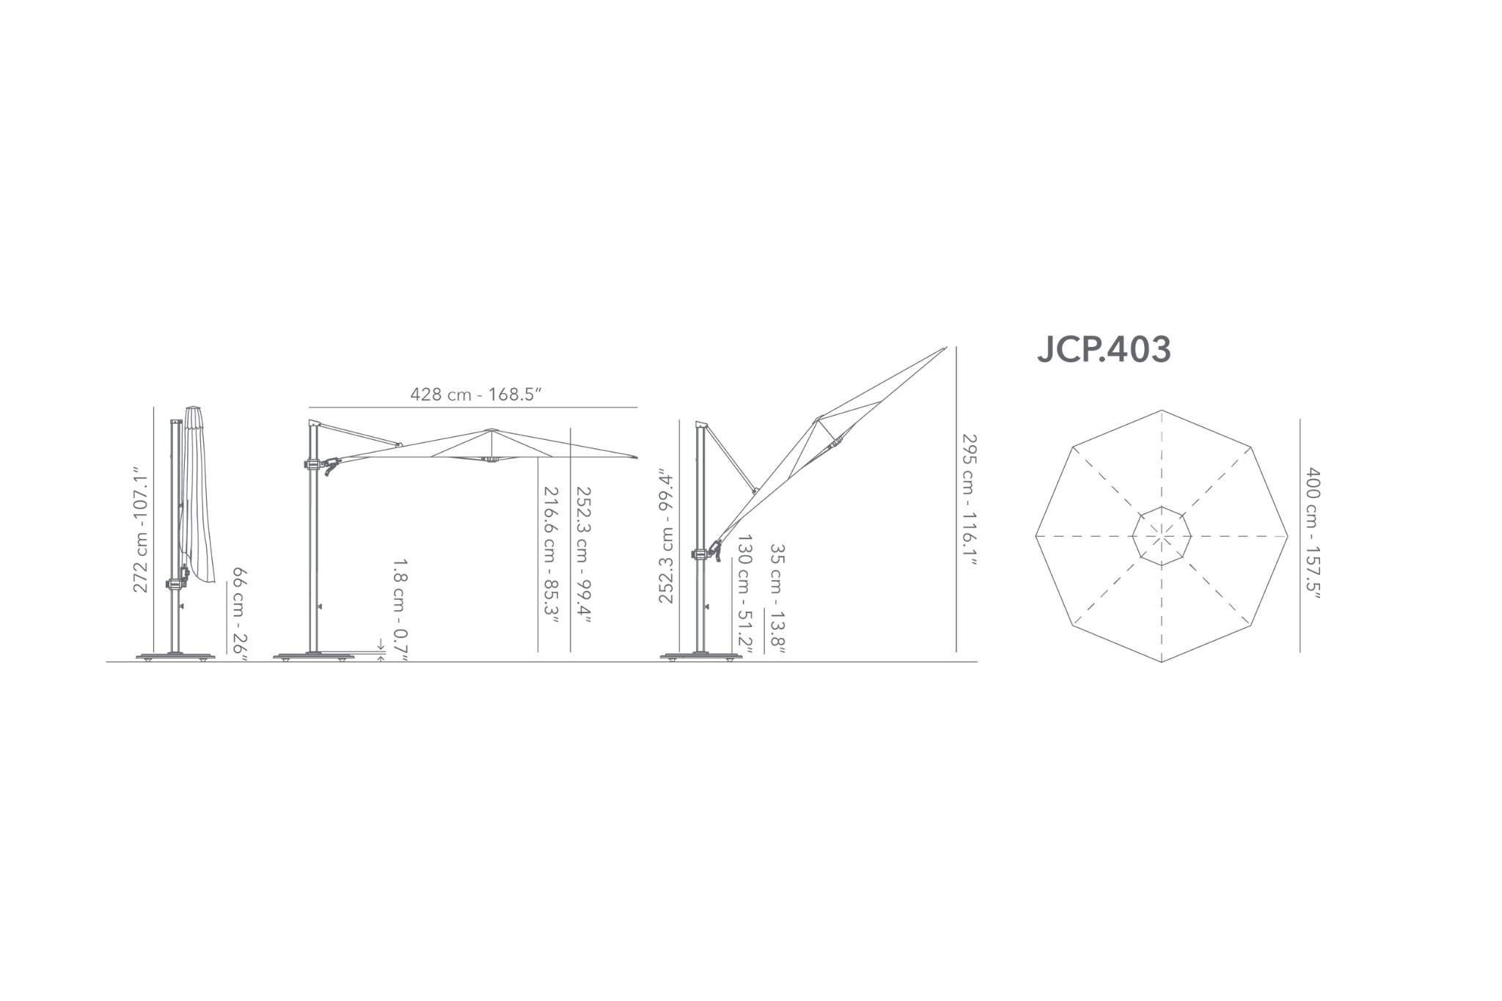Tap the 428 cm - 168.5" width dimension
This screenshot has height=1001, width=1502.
point(475,395)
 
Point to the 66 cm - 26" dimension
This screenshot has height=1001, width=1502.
point(240,614)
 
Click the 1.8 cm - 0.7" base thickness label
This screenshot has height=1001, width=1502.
point(400,609)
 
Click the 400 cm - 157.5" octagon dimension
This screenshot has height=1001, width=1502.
point(1313,535)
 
